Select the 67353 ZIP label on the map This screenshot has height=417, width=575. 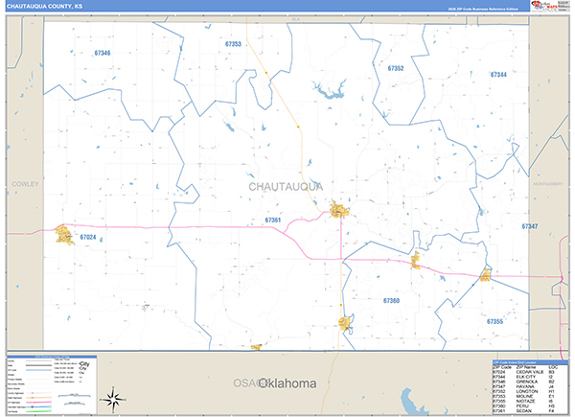[x=233, y=44]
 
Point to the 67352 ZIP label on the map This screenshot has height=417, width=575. [x=395, y=69]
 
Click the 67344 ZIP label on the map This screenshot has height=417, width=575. [x=498, y=74]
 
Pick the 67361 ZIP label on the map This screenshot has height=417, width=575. [x=273, y=220]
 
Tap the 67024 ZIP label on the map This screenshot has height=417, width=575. [x=89, y=236]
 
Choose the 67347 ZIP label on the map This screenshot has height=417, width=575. [x=530, y=226]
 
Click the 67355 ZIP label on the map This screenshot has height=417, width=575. [x=494, y=321]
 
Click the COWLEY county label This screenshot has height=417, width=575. [x=24, y=183]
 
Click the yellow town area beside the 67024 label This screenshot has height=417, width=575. [x=65, y=234]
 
